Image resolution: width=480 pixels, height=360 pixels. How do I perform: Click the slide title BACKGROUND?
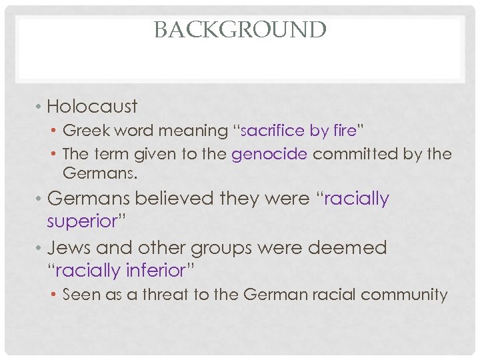240,30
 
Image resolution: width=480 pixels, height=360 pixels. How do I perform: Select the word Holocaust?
93,107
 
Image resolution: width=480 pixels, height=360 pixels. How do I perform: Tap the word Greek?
82,131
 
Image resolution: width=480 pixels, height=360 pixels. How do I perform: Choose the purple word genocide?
269,154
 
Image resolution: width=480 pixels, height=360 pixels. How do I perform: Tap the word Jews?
69,248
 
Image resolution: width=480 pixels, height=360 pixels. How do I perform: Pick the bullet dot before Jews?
39,249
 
